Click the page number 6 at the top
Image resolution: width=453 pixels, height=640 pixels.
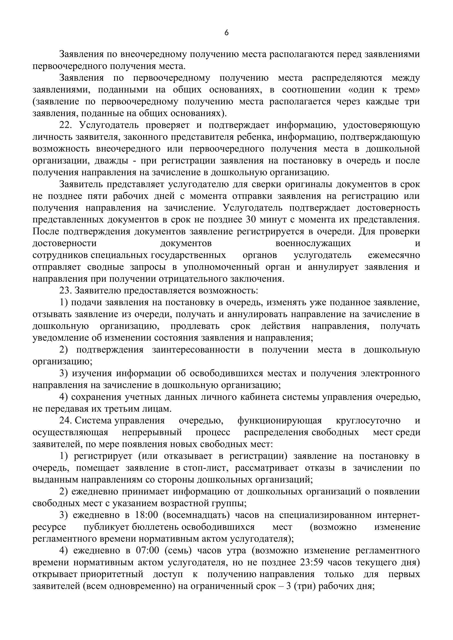point(226,33)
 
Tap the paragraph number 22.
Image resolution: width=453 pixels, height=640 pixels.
point(65,125)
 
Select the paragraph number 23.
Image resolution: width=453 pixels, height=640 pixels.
point(65,291)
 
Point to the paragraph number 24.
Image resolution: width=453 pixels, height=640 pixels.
point(65,420)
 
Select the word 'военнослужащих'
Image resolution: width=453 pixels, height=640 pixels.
point(313,243)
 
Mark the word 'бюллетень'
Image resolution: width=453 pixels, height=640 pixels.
point(155,527)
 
